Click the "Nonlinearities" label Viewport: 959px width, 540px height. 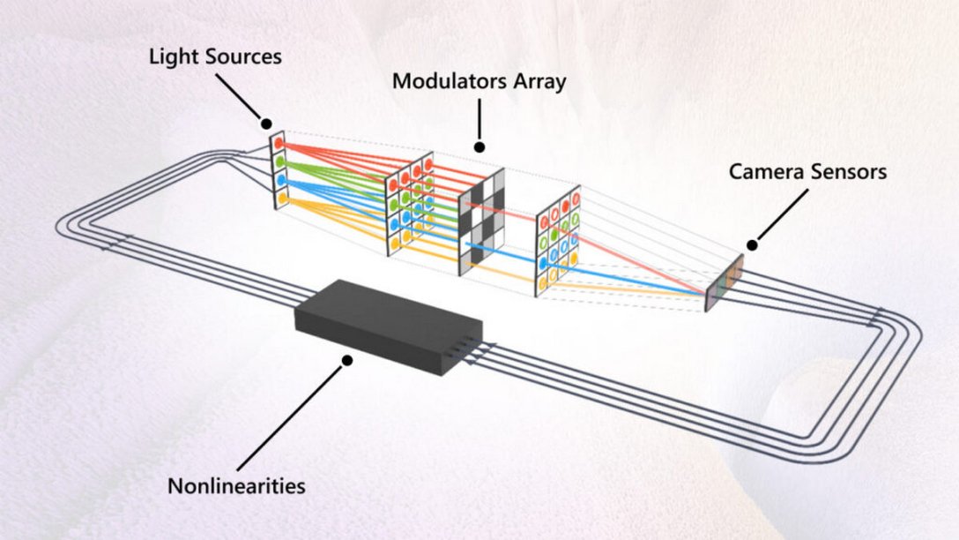click(x=235, y=485)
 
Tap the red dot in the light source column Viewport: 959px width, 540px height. click(x=279, y=141)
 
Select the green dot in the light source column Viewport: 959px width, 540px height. click(x=279, y=161)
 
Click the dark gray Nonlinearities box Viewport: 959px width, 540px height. click(x=388, y=326)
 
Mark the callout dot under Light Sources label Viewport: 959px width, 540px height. click(x=265, y=123)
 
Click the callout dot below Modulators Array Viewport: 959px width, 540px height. click(x=479, y=146)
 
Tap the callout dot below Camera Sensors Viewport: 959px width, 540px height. click(x=752, y=244)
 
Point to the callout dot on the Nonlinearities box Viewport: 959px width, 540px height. click(x=347, y=360)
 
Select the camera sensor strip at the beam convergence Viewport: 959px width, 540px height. click(x=724, y=283)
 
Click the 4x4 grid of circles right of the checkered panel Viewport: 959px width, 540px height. click(x=558, y=240)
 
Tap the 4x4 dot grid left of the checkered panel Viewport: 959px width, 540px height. click(x=410, y=204)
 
